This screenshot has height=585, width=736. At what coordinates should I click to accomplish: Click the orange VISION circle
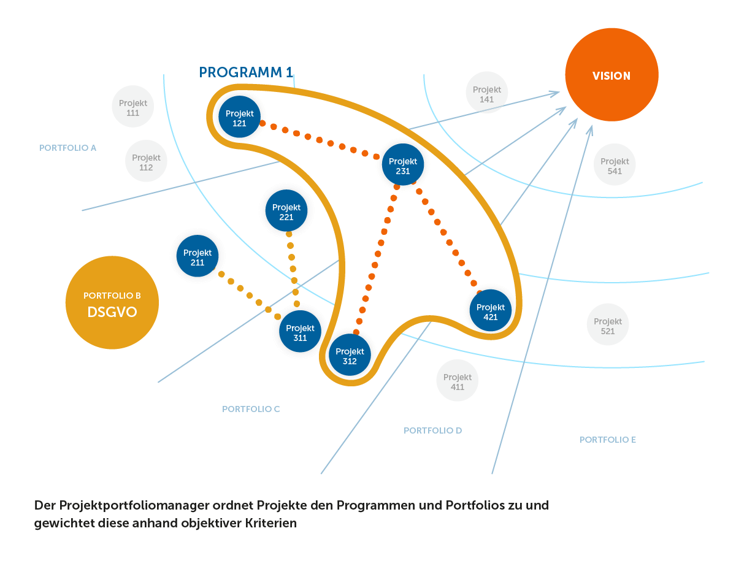[611, 75]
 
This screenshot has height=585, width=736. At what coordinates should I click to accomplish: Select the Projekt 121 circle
[239, 117]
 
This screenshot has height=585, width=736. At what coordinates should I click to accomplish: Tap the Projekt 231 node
[402, 165]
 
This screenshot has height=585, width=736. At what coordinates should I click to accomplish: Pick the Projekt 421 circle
[490, 311]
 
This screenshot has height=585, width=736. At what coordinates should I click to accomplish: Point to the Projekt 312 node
[350, 355]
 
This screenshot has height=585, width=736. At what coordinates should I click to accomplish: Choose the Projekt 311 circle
[300, 332]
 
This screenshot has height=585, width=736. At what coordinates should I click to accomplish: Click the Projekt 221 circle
[286, 211]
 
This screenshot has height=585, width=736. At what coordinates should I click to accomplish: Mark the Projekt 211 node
[197, 256]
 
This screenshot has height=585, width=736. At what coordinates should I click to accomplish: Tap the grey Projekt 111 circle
[132, 107]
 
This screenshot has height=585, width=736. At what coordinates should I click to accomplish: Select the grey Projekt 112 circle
[146, 161]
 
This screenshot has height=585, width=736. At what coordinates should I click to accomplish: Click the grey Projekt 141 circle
[487, 93]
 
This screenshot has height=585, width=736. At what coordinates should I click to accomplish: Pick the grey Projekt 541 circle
[615, 165]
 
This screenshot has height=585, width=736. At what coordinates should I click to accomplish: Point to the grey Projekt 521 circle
[607, 325]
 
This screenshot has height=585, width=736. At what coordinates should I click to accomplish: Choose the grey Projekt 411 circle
[457, 381]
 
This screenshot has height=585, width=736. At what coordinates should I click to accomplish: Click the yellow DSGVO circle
[112, 303]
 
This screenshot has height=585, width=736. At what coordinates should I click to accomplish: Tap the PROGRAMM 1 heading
[246, 72]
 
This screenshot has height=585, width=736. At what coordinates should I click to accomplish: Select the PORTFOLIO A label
[67, 148]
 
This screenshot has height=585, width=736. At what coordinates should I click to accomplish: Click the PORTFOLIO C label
[251, 409]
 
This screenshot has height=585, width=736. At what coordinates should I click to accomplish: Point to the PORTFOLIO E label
[607, 440]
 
